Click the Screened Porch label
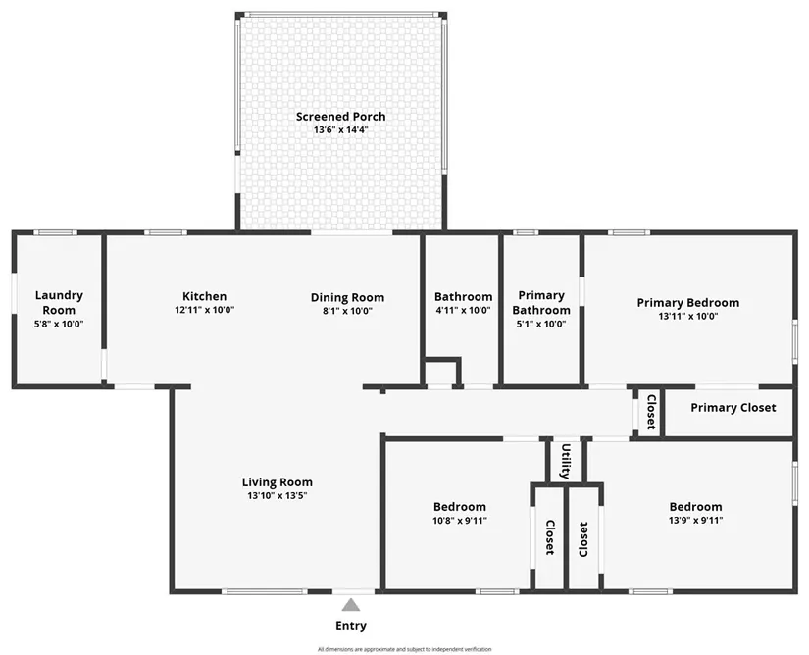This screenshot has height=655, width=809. pyautogui.click(x=340, y=117)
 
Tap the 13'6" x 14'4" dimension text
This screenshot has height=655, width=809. pyautogui.click(x=340, y=130)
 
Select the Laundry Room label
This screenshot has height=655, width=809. pyautogui.click(x=59, y=302)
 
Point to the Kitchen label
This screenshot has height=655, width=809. pyautogui.click(x=204, y=296)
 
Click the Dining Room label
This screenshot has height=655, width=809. pyautogui.click(x=347, y=297)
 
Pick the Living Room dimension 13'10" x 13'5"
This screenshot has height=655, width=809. pyautogui.click(x=278, y=496)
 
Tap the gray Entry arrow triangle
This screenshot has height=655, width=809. pyautogui.click(x=351, y=605)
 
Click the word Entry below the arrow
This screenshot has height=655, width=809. pyautogui.click(x=351, y=626)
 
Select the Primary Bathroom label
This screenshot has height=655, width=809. pyautogui.click(x=541, y=302)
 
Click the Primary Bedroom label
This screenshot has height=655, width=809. pyautogui.click(x=687, y=302)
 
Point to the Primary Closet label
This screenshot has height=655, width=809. pyautogui.click(x=733, y=408)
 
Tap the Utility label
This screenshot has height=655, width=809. pyautogui.click(x=566, y=461)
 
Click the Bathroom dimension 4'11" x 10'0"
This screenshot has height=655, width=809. pyautogui.click(x=463, y=310)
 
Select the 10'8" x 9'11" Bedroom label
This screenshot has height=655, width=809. pyautogui.click(x=459, y=521)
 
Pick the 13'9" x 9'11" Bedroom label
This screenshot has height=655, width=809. pyautogui.click(x=695, y=521)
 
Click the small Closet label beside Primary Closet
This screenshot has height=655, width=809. pyautogui.click(x=649, y=413)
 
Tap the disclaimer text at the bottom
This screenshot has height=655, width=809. pyautogui.click(x=404, y=648)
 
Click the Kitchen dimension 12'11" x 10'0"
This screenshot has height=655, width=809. pyautogui.click(x=204, y=310)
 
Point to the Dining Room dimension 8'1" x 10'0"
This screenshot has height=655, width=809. pyautogui.click(x=347, y=311)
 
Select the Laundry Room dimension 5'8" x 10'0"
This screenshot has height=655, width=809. pyautogui.click(x=59, y=323)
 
